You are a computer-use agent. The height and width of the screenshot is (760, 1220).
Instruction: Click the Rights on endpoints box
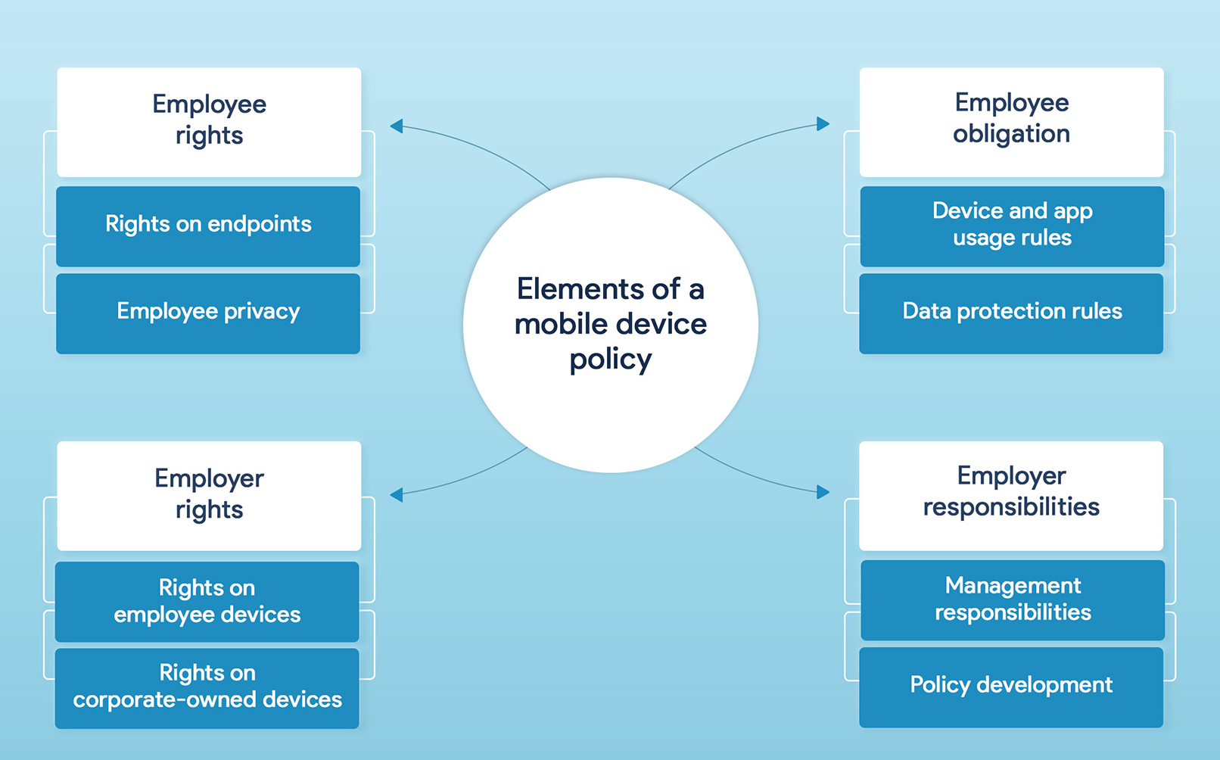pyautogui.click(x=208, y=226)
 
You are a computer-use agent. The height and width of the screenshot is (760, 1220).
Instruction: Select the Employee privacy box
pyautogui.click(x=208, y=313)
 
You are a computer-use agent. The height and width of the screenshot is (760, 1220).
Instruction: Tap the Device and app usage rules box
pyautogui.click(x=1012, y=226)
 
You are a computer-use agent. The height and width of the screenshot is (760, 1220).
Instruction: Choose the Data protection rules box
pyautogui.click(x=1011, y=313)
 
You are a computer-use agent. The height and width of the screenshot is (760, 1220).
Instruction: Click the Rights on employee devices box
pyautogui.click(x=207, y=601)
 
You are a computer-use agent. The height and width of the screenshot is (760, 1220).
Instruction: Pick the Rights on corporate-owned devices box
pyautogui.click(x=207, y=687)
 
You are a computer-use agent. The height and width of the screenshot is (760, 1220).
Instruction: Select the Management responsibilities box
pyautogui.click(x=1013, y=600)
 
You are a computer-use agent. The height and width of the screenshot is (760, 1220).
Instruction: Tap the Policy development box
pyautogui.click(x=1011, y=687)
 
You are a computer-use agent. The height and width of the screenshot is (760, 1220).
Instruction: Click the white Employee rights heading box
pyautogui.click(x=209, y=121)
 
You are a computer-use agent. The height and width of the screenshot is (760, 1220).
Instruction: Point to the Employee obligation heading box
pyautogui.click(x=1011, y=121)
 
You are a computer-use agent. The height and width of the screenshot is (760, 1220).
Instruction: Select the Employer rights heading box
pyautogui.click(x=209, y=495)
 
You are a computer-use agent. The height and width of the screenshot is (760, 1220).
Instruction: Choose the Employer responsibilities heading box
pyautogui.click(x=1011, y=495)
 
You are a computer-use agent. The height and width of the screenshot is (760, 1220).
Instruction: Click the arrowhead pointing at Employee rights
pyautogui.click(x=396, y=126)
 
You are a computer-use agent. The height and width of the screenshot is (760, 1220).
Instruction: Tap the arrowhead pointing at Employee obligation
pyautogui.click(x=823, y=124)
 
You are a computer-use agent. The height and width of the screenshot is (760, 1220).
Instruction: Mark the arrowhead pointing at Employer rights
pyautogui.click(x=396, y=494)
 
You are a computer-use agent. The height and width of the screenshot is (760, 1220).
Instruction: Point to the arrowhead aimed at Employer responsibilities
pyautogui.click(x=823, y=492)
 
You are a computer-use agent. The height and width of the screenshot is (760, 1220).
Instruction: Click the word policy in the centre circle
pyautogui.click(x=610, y=360)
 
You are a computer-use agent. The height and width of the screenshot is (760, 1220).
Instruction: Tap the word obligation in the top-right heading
pyautogui.click(x=1011, y=134)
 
